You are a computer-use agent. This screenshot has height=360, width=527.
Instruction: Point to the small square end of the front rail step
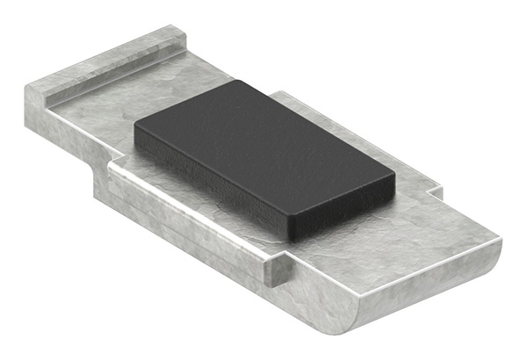(279, 270)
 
